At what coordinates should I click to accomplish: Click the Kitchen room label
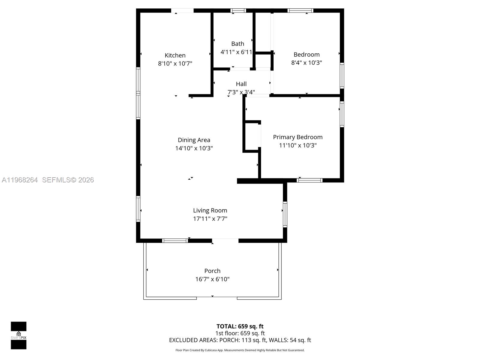coord(175,55)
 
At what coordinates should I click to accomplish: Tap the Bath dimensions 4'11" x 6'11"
coord(236,52)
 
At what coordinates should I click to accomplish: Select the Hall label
coord(241,84)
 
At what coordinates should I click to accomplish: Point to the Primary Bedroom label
coord(298,137)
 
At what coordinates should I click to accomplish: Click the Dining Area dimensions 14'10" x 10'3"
coord(194,148)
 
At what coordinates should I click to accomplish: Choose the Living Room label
coord(210,211)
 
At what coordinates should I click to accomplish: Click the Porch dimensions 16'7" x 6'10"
coord(212,279)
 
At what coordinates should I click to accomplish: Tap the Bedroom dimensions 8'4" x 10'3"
coord(306,63)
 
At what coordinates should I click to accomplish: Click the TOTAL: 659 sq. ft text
coord(240,326)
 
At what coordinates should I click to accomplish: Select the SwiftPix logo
coord(19,335)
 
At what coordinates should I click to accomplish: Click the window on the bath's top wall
coord(238,11)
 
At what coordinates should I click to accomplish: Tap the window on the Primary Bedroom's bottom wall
coord(310,180)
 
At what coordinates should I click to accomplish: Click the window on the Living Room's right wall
coord(285,214)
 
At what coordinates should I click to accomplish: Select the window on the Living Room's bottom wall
coord(175,241)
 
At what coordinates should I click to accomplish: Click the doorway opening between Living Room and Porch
coord(225,241)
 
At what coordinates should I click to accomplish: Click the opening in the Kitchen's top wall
coord(182,11)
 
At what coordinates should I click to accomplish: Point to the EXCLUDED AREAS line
coord(240,340)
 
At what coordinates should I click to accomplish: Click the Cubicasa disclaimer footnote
coord(240,350)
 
